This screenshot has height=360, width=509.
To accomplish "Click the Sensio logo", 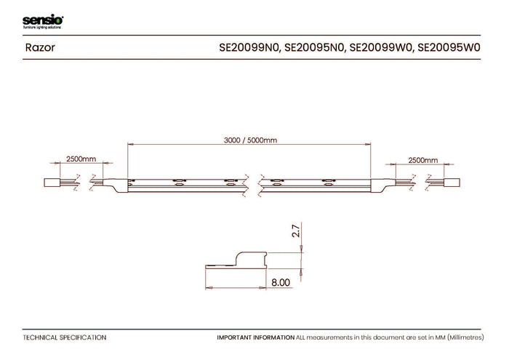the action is (x=43, y=22).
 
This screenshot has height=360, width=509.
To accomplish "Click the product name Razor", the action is (x=40, y=48).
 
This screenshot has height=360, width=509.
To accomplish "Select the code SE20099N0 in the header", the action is (x=249, y=48).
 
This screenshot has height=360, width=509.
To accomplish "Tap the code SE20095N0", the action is (x=314, y=48).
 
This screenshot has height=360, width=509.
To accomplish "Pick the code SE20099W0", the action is (x=381, y=48).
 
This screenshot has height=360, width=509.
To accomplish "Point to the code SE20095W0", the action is (x=449, y=48).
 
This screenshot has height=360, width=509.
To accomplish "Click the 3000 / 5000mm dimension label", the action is (x=250, y=140).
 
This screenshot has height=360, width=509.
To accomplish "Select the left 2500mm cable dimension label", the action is (x=81, y=159).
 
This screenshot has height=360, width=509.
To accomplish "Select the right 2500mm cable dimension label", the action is (x=423, y=160).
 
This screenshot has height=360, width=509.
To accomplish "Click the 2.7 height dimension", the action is (x=296, y=231).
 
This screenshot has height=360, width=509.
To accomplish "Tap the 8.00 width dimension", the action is (x=281, y=282).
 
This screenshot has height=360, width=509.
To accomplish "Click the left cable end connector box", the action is (x=52, y=183).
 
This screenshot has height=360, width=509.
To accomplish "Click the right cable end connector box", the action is (x=452, y=183).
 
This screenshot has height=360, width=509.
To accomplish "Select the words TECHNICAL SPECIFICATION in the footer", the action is (x=65, y=337).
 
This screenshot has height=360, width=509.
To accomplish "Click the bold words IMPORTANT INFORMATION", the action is (x=256, y=337).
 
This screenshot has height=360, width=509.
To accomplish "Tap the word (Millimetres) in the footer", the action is (x=466, y=337).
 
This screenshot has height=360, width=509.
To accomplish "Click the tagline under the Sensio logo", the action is (x=42, y=27).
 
